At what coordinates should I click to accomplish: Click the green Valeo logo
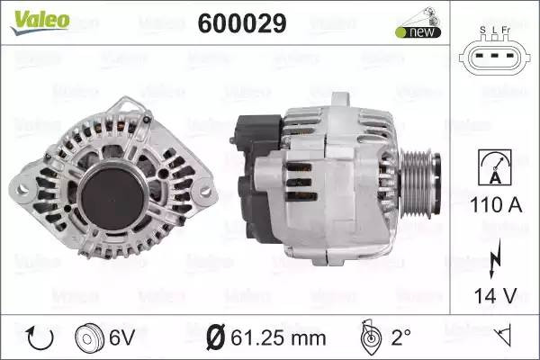pos(40,22)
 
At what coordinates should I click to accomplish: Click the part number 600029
pos(242,23)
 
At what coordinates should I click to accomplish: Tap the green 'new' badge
pos(418,32)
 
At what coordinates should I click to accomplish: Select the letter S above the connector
pos(482,30)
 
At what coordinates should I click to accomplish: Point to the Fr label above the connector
pos(506,30)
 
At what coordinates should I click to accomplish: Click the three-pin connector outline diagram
pos(494,55)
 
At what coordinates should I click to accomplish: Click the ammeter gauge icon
pos(495,167)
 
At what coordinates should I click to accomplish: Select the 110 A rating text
pos(496,205)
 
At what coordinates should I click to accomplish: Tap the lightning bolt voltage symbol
pos(495,259)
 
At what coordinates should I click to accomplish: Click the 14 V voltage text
pos(495,295)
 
